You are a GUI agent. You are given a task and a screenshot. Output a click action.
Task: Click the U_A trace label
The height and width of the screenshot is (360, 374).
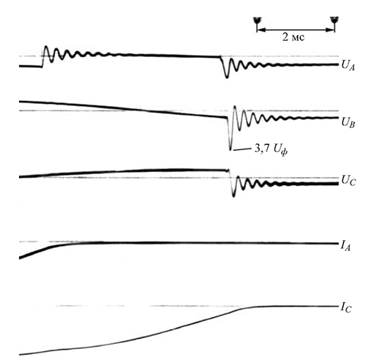(348, 66)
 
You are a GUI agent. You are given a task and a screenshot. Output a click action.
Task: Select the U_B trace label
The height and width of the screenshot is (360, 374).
(348, 122)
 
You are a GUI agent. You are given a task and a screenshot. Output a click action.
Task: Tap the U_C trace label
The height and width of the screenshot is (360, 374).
(348, 181)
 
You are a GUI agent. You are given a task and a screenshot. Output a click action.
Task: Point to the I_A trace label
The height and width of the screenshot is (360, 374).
(345, 247)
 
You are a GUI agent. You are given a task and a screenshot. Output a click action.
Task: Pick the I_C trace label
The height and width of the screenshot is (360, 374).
(346, 309)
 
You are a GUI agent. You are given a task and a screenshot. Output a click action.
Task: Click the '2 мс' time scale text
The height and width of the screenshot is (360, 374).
(293, 37)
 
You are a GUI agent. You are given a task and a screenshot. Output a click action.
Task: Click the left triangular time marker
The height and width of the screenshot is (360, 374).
(257, 20)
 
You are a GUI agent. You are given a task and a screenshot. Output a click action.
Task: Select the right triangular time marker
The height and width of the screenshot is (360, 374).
(334, 20)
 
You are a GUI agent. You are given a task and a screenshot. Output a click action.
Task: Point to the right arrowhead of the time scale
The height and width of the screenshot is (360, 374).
(331, 30)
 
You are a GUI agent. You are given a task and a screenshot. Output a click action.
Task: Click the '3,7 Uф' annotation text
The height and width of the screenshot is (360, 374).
(271, 149)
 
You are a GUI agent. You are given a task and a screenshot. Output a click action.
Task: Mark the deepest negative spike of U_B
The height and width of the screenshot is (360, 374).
(230, 149)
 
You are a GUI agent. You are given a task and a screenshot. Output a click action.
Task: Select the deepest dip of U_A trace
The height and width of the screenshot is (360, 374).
(227, 77)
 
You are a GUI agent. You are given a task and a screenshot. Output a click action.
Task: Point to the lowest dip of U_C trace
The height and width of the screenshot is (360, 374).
(233, 195)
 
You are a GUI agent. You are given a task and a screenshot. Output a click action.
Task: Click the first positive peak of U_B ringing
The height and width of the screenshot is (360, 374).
(235, 107)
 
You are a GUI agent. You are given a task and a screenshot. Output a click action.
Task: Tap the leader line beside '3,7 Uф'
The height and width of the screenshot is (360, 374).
(242, 149)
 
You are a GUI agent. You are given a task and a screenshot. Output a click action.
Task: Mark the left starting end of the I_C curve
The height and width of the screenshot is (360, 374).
(20, 354)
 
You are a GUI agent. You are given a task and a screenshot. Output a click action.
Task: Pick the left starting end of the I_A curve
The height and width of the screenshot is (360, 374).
(20, 258)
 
